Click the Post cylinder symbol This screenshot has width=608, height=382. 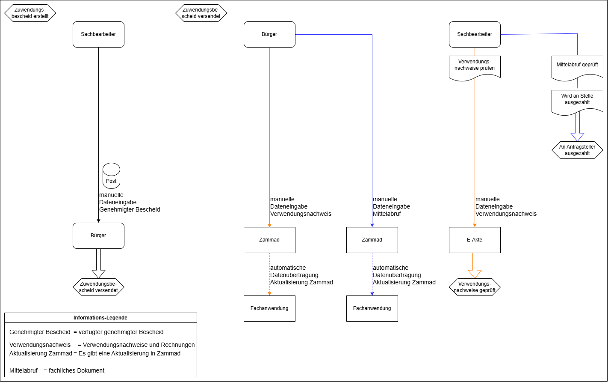[111, 176]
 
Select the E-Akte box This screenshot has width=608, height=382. [475, 240]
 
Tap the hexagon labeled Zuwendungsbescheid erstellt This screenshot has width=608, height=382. [30, 13]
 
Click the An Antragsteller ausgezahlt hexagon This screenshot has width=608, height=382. [577, 150]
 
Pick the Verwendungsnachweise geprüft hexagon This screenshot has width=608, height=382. [475, 287]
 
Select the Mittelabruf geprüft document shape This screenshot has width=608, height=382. [577, 66]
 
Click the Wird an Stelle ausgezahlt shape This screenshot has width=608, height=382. [577, 101]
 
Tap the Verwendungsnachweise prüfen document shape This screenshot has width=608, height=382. [475, 66]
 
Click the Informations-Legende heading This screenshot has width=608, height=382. [100, 318]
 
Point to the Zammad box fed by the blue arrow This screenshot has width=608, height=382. [372, 240]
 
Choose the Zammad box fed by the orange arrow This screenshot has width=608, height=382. [269, 240]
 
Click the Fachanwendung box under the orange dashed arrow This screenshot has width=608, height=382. [269, 308]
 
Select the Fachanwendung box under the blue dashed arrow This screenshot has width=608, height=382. [372, 308]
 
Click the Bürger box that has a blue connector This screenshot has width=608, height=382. [269, 34]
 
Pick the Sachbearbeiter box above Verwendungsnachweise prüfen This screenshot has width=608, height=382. [475, 34]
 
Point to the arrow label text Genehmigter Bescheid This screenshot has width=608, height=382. [130, 210]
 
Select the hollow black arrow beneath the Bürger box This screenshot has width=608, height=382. [98, 264]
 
